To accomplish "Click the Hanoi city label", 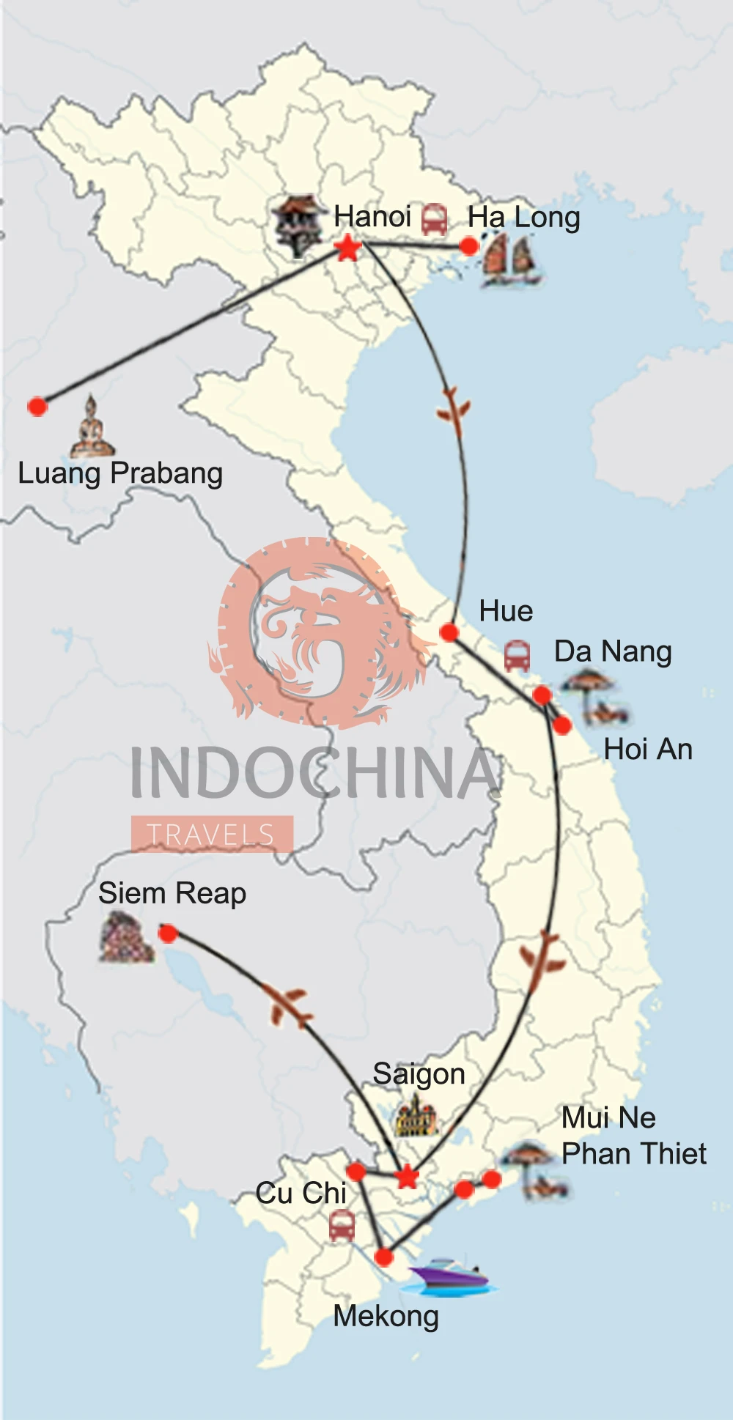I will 372,217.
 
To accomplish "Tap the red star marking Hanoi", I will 348,248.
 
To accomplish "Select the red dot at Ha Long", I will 469,246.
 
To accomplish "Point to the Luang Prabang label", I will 120,473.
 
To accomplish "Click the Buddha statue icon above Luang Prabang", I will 92,426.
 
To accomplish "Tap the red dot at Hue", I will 449,632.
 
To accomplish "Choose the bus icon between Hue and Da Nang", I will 517,655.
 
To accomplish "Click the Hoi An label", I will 648,750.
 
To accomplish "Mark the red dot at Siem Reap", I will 168,933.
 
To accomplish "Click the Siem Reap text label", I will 172,893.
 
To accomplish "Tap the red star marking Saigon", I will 407,1177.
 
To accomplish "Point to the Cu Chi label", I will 301,1193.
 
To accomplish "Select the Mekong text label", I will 386,1317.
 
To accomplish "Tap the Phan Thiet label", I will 634,1154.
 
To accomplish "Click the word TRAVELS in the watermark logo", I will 211,835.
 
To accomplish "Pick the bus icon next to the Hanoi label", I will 434,219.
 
